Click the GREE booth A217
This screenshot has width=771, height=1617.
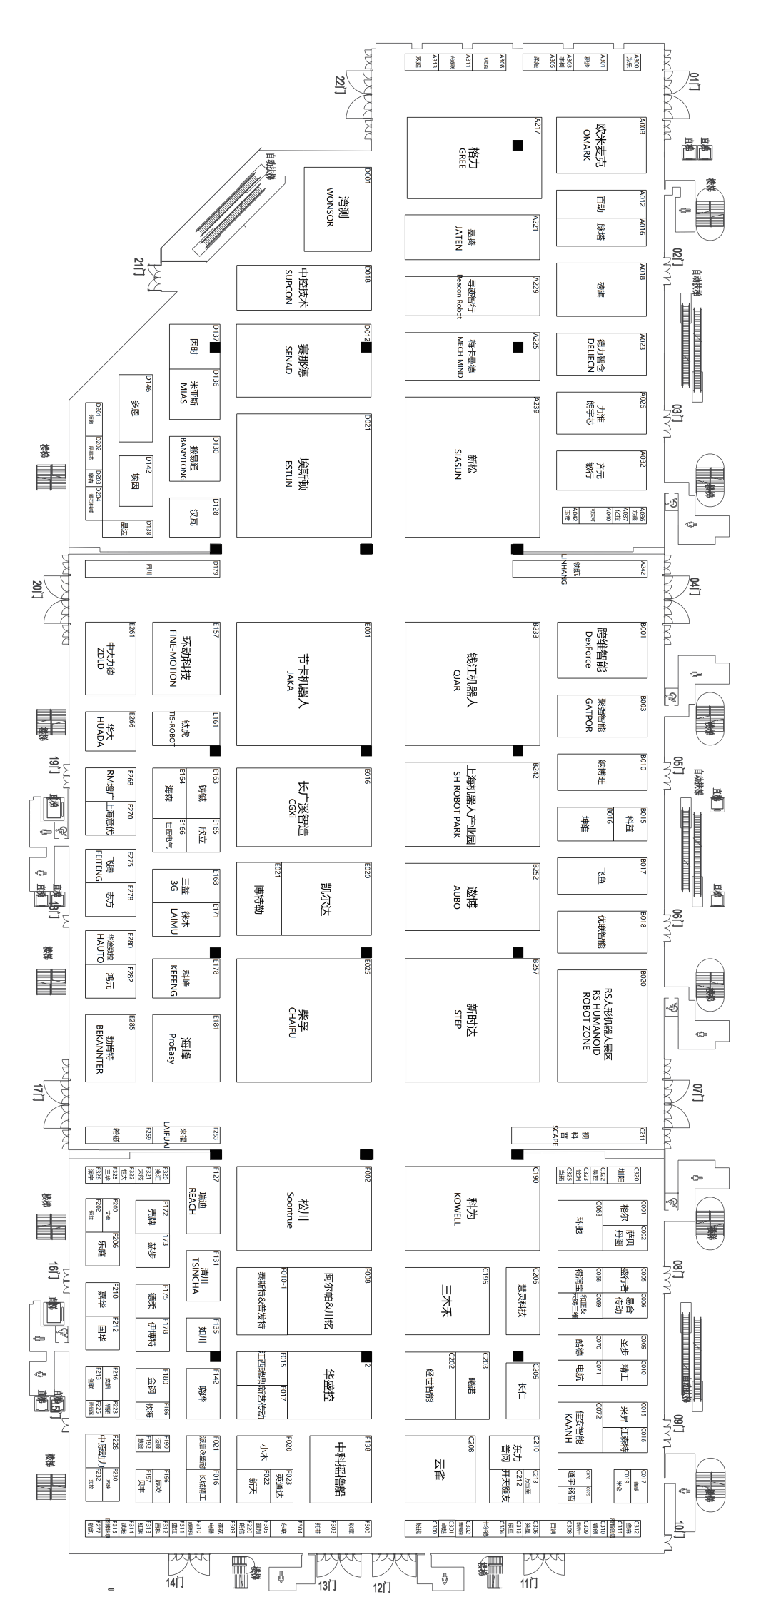pyautogui.click(x=473, y=158)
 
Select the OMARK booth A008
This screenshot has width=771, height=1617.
pyautogui.click(x=601, y=144)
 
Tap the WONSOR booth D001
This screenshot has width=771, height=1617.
pyautogui.click(x=337, y=208)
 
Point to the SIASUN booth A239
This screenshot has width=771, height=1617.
pyautogui.click(x=472, y=467)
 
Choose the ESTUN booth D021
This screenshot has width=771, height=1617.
pyautogui.click(x=303, y=475)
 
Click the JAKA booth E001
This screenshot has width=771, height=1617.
pyautogui.click(x=303, y=683)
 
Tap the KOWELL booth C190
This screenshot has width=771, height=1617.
pyautogui.click(x=472, y=1207)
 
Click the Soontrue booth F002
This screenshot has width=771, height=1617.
pyautogui.click(x=303, y=1207)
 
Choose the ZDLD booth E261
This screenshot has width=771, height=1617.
pyautogui.click(x=110, y=658)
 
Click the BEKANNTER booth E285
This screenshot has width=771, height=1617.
pyautogui.click(x=110, y=1047)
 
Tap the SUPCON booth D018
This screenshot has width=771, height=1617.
pyautogui.click(x=303, y=288)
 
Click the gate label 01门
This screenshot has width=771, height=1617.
pyautogui.click(x=695, y=84)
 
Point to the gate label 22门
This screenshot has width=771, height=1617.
pyautogui.click(x=341, y=84)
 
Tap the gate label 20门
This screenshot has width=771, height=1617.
pyautogui.click(x=38, y=590)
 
